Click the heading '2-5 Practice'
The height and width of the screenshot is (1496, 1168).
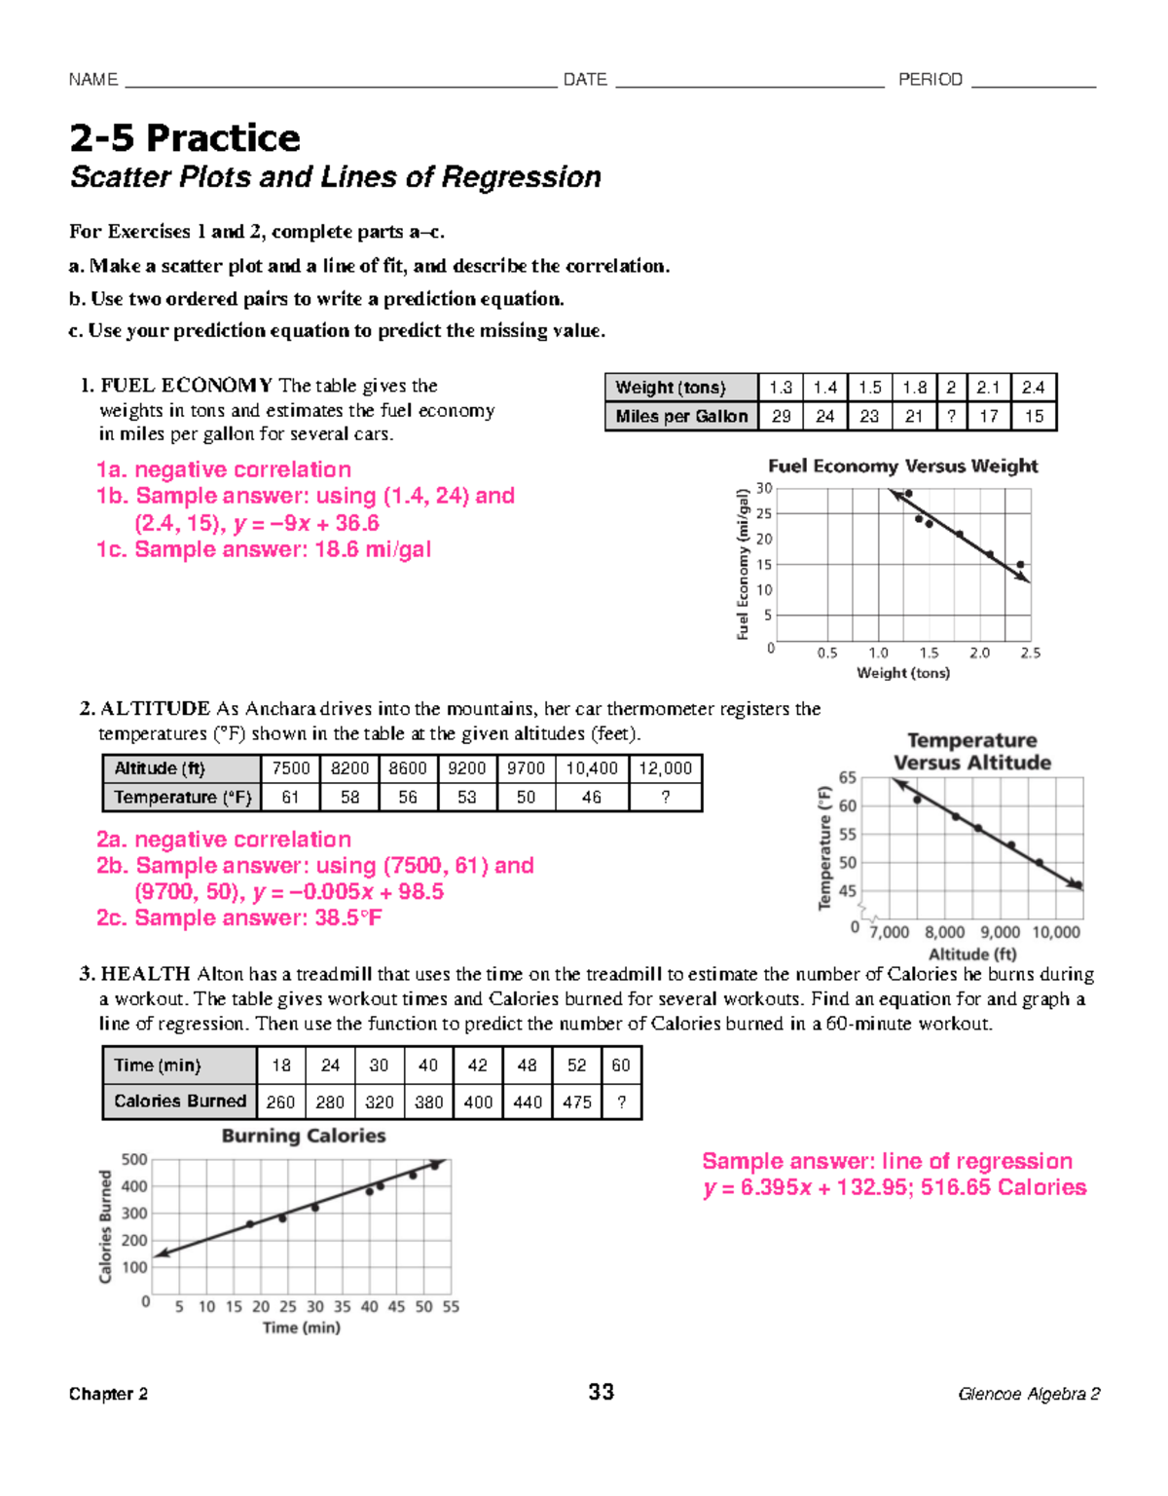(185, 138)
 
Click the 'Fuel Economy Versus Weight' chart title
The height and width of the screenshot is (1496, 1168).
(902, 466)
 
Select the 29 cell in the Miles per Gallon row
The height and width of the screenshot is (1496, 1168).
(781, 416)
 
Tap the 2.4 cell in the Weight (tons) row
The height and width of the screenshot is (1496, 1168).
(1033, 388)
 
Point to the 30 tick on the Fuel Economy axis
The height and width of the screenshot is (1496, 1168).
(764, 488)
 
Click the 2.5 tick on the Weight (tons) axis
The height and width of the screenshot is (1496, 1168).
(1030, 653)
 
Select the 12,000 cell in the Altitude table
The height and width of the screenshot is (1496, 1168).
(665, 768)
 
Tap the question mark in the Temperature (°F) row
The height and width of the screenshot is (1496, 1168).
(665, 798)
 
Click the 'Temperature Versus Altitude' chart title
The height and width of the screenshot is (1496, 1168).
(971, 751)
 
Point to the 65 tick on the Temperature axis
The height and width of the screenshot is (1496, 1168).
(847, 777)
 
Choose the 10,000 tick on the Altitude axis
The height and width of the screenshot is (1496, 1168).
(1055, 932)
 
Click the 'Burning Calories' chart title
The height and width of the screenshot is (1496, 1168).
(304, 1136)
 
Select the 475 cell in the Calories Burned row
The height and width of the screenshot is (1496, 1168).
(576, 1102)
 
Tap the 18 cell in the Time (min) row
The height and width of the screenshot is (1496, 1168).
(281, 1066)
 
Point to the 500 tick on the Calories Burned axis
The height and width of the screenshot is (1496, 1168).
(134, 1159)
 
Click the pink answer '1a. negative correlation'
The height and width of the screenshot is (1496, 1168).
(224, 469)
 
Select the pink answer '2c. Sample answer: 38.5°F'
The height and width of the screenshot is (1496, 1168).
(239, 917)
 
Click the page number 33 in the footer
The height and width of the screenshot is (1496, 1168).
(601, 1392)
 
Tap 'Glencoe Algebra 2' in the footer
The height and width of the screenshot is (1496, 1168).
(1029, 1394)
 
